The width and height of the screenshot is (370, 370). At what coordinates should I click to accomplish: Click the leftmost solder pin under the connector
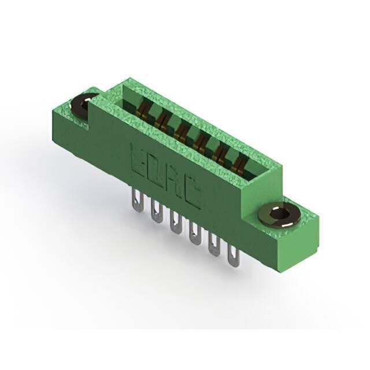138,201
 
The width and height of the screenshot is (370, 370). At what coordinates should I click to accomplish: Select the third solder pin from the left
175,221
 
